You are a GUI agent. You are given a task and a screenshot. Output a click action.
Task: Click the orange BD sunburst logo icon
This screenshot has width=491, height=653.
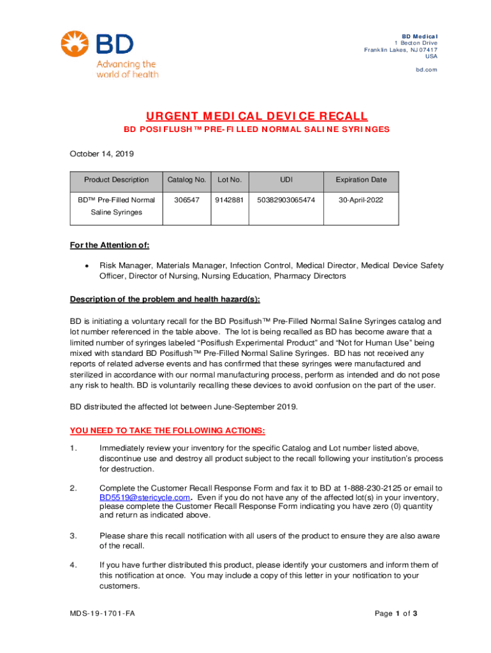tap(76, 44)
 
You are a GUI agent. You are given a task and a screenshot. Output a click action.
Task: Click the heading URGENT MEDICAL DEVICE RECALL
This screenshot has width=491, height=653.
tap(256, 116)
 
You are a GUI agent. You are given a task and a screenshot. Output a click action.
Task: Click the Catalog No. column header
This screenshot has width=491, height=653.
tap(186, 180)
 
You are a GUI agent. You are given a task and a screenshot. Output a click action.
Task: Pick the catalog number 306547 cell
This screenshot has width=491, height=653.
tap(186, 200)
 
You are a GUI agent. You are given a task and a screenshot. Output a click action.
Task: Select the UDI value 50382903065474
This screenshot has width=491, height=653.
tap(286, 200)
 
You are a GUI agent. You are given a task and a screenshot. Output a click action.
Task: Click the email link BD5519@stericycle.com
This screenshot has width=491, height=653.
tap(145, 497)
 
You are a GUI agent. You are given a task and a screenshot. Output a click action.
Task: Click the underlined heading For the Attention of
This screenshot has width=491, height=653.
tap(109, 246)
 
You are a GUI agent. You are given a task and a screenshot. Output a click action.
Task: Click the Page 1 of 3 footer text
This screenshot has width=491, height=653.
tap(396, 613)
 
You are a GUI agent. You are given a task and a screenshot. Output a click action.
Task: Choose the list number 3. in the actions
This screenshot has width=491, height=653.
tap(73, 536)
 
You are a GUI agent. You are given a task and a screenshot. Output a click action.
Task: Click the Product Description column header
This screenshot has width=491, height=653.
tap(116, 180)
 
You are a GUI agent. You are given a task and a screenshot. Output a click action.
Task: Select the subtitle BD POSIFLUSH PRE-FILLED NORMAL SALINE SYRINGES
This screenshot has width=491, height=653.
tap(256, 129)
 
